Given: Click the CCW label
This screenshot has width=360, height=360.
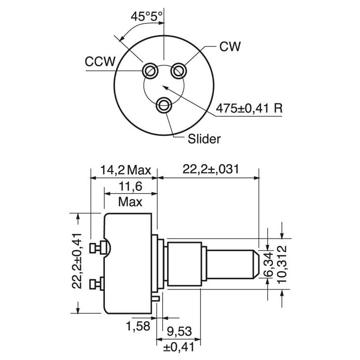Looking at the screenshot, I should [100, 62].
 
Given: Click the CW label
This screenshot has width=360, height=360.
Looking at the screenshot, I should [230, 46].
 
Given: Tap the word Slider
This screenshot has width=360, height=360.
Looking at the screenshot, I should [204, 139].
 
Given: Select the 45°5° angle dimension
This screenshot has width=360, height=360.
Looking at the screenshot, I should [147, 17].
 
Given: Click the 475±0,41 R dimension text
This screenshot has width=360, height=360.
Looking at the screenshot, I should [249, 108].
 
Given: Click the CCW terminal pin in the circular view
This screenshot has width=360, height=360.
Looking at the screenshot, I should [149, 71].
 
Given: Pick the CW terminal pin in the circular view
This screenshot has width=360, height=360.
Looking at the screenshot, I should [179, 70].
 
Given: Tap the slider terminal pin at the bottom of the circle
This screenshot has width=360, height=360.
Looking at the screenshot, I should [164, 105].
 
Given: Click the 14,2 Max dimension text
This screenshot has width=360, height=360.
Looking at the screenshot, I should [125, 170].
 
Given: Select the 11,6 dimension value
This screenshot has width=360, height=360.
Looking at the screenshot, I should [130, 186].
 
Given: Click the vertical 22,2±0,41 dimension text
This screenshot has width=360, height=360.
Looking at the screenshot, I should [77, 260].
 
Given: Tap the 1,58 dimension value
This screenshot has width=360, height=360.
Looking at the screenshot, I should [138, 326].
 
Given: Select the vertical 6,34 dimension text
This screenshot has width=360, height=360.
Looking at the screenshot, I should [269, 265].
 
